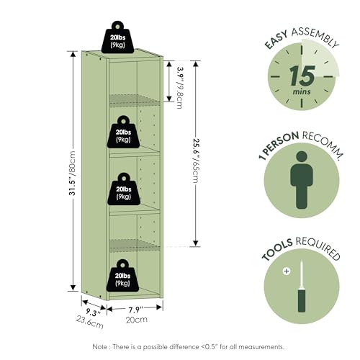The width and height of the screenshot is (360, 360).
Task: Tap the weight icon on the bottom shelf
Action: (122, 275)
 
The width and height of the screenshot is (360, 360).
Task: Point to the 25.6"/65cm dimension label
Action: (196, 161)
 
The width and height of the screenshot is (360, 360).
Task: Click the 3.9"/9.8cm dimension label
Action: (180, 87)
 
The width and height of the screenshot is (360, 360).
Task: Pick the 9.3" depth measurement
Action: (93, 312)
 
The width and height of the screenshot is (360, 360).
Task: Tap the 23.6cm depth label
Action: (90, 322)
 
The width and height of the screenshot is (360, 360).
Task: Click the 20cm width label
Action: (137, 320)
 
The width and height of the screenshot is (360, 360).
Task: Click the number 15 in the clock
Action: (302, 76)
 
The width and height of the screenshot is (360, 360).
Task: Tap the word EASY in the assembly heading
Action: (276, 40)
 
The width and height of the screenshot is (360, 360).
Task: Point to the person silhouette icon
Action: (302, 180)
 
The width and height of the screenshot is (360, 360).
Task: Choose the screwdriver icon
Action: (302, 287)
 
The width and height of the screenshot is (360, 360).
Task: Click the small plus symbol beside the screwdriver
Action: (287, 271)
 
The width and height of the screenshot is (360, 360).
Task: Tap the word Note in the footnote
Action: (99, 347)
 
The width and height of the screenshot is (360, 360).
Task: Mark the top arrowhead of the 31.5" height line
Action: (73, 54)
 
